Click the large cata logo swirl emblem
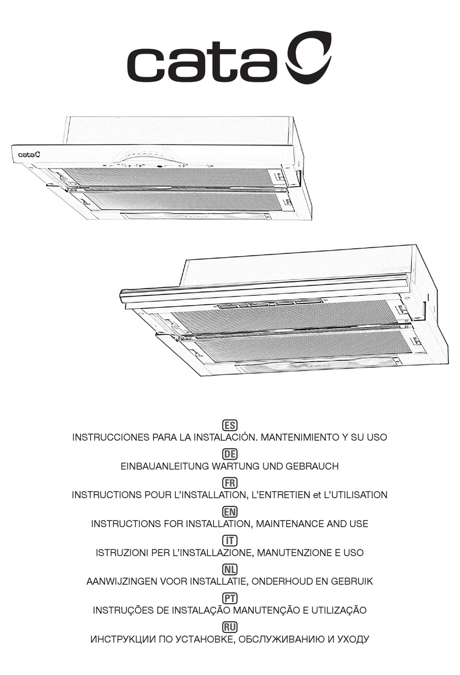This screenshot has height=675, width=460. click(x=308, y=58)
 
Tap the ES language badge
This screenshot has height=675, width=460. click(x=230, y=425)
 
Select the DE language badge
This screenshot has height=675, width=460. click(x=230, y=454)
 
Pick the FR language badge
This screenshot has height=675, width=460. click(x=230, y=483)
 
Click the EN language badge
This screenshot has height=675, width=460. click(x=230, y=512)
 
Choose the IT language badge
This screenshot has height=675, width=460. click(x=230, y=541)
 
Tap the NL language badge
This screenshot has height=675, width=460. click(x=230, y=569)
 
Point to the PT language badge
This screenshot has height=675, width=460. click(x=230, y=598)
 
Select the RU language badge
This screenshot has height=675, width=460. click(x=230, y=627)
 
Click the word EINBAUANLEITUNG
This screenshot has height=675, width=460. click(x=165, y=466)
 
